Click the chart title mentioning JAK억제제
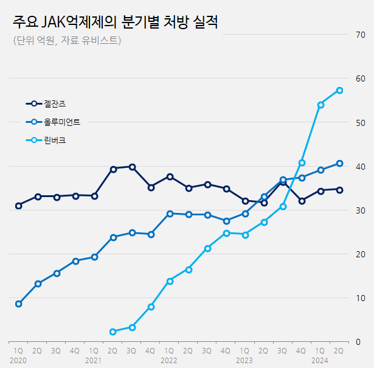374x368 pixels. coord(115,23)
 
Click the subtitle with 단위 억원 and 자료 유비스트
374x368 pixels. coord(67,41)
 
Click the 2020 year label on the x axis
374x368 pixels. coord(18,361)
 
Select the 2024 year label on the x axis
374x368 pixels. coord(320,361)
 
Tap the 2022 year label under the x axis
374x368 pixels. coord(169,361)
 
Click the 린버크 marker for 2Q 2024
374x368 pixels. coord(339,91)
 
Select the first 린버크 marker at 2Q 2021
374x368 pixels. coord(113,332)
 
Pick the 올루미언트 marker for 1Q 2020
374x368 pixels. coord(19,304)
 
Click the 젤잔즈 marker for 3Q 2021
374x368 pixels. coord(132,167)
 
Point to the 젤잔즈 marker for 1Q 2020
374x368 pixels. coord(19,206)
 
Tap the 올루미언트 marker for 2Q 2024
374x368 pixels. coord(339,163)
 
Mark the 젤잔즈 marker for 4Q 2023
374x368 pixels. coord(302,201)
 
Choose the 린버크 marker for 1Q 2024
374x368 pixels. coord(320,105)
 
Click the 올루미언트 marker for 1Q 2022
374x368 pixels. coord(170,214)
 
